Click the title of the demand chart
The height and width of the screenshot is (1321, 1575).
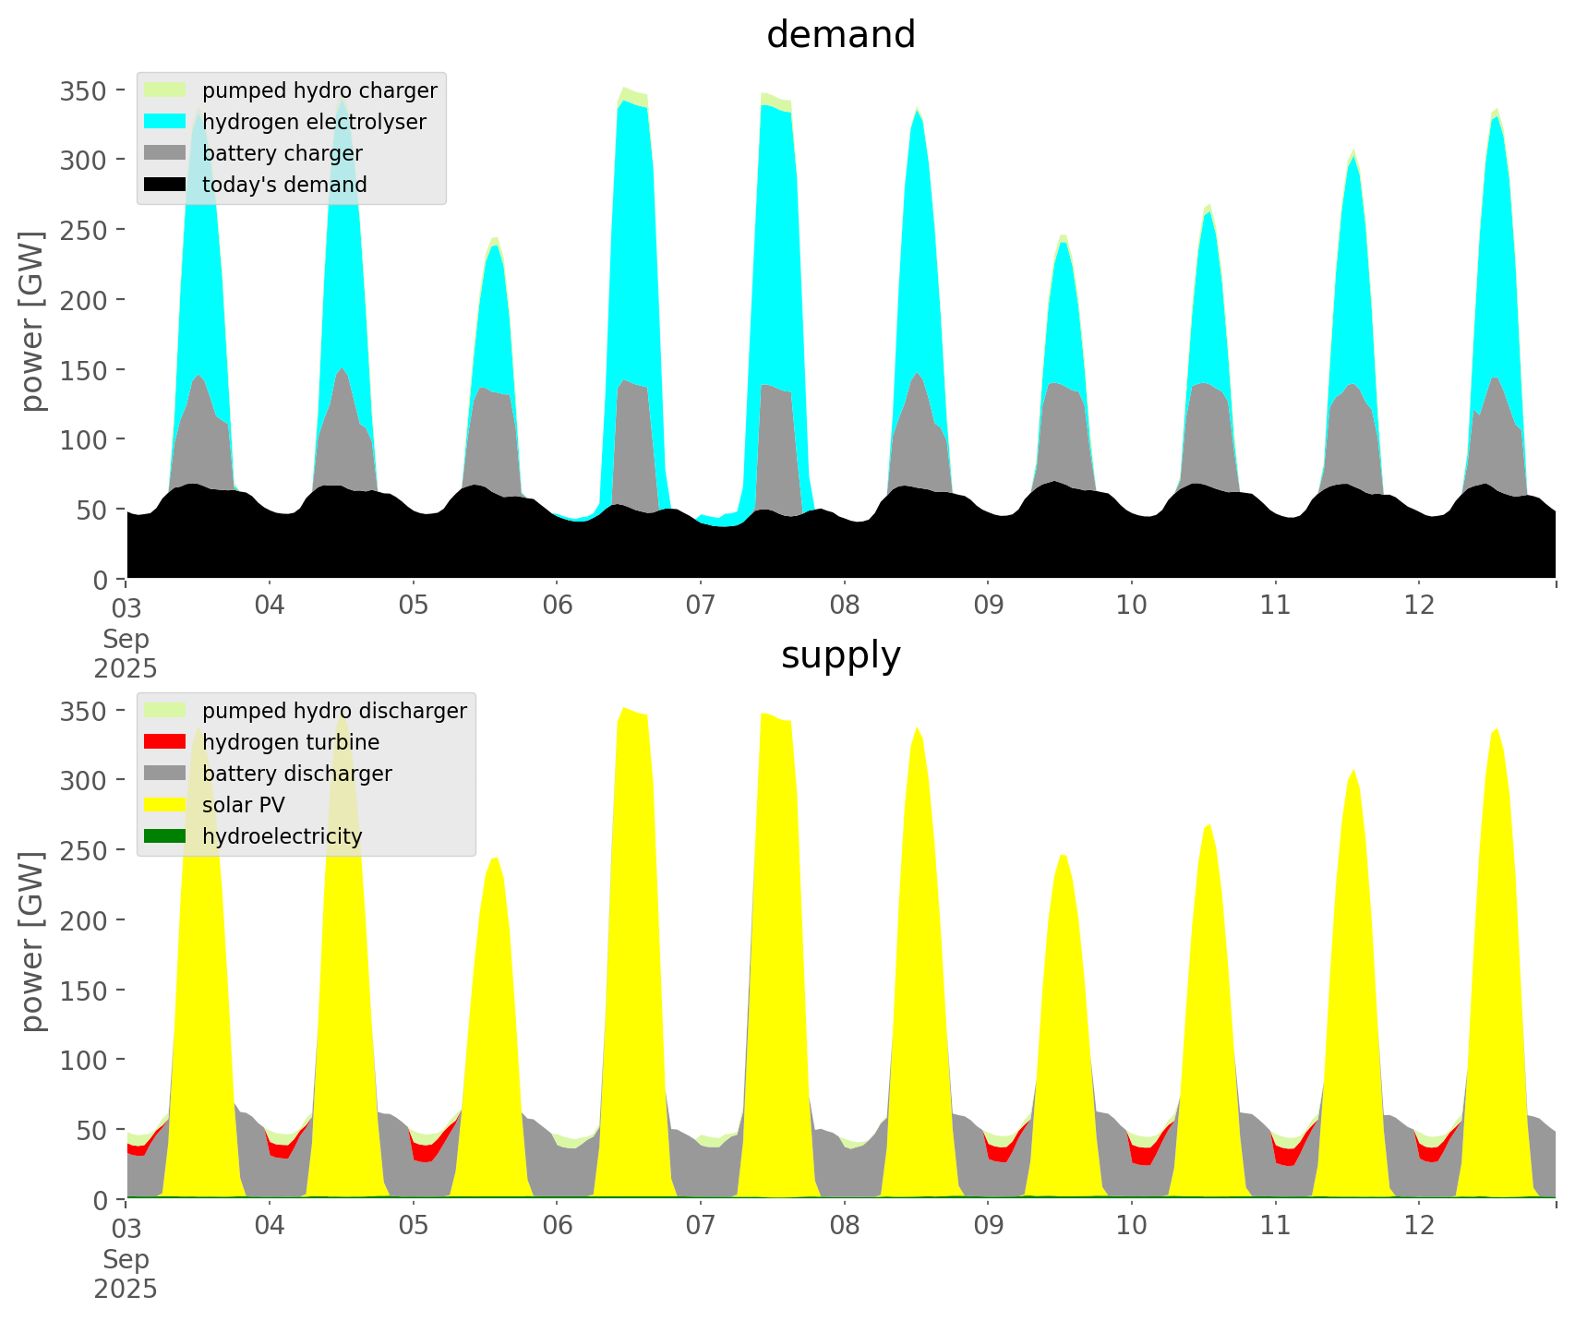(840, 35)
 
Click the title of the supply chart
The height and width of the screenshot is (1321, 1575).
(840, 655)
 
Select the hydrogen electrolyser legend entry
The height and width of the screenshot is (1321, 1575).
(314, 122)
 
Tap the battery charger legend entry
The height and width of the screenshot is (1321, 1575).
(282, 153)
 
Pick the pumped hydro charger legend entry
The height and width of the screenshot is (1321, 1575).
(319, 90)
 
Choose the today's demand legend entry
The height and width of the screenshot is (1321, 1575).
(284, 185)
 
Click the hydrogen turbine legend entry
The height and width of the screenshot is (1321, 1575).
(291, 742)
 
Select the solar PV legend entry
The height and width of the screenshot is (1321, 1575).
(244, 805)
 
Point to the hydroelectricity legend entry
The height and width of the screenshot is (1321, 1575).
(282, 836)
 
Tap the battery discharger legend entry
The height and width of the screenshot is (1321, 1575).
(296, 774)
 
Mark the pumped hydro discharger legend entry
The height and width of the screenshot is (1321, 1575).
(334, 711)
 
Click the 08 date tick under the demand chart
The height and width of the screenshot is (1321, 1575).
(844, 606)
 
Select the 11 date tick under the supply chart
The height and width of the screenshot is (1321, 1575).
(1275, 1226)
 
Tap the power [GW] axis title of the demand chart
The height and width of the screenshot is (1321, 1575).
(32, 321)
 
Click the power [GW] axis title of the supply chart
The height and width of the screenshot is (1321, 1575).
(32, 942)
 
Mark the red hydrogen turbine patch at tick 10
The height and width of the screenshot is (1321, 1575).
(1142, 1155)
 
